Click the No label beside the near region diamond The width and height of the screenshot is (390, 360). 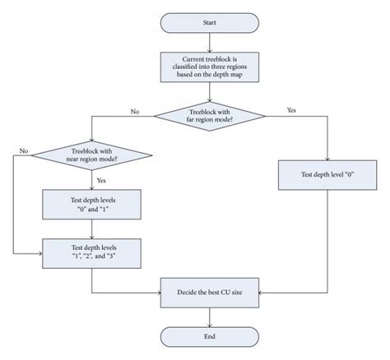[24, 150]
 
